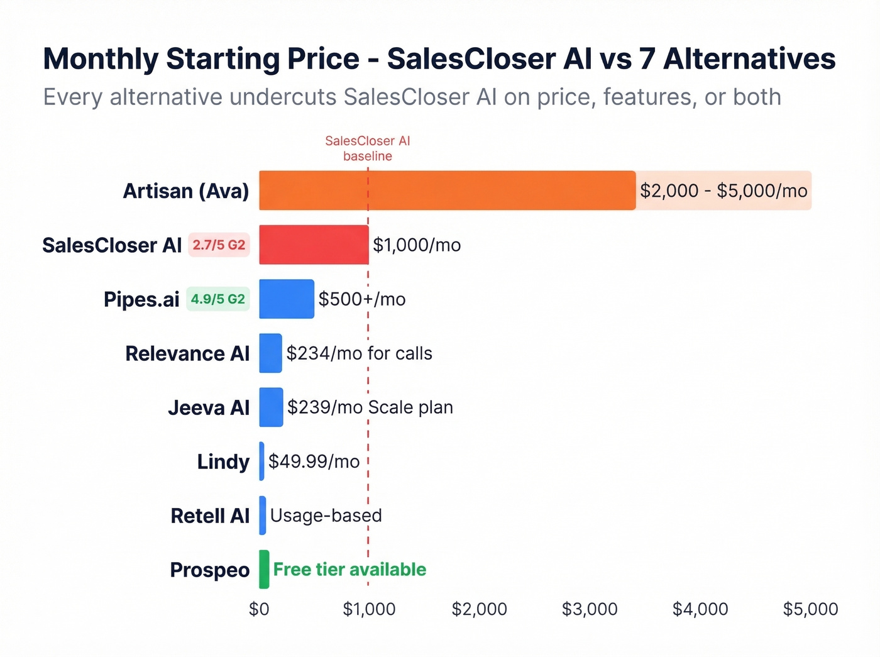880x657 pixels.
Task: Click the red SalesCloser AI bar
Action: pos(314,245)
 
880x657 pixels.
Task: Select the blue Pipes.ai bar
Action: pos(286,299)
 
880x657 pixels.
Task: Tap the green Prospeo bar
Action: pos(264,569)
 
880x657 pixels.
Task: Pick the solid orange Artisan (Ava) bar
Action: pos(447,190)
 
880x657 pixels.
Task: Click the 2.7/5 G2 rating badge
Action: pos(219,245)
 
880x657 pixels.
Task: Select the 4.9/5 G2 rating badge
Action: pos(217,299)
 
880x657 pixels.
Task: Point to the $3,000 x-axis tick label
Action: pos(589,609)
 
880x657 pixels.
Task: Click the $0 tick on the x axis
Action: pos(259,609)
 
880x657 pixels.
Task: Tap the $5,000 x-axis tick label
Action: pos(810,609)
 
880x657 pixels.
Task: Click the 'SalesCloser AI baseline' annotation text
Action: pos(368,148)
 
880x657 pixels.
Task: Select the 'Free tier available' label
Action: pos(349,569)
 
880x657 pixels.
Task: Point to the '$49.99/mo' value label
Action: pos(314,461)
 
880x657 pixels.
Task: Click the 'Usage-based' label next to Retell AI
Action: pos(326,516)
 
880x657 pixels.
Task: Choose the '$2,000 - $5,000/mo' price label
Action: pos(723,190)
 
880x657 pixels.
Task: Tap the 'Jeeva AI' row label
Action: pos(209,407)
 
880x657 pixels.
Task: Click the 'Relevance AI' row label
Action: pos(187,353)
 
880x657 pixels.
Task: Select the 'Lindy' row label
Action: pos(223,461)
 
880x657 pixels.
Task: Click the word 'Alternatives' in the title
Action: pos(749,58)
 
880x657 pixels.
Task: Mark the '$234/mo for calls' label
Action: pos(359,353)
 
